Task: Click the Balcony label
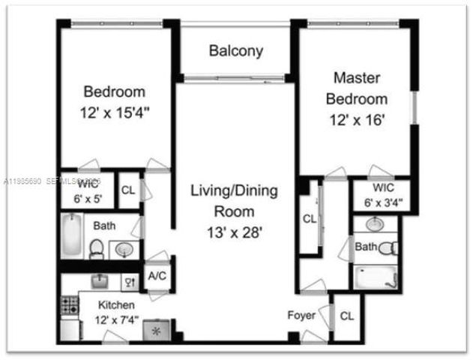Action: coord(236,52)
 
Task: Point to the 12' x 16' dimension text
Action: coord(357,121)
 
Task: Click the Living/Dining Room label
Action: coord(234,201)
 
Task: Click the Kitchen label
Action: coord(116,305)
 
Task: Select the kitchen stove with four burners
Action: coord(70,305)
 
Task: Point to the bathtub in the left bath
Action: coord(72,233)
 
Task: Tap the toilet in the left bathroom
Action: coord(97,248)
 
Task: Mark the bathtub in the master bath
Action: coord(375,277)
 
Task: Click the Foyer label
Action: coord(301,316)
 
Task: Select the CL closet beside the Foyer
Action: coord(346,316)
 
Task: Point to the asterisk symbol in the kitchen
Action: coord(157,329)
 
